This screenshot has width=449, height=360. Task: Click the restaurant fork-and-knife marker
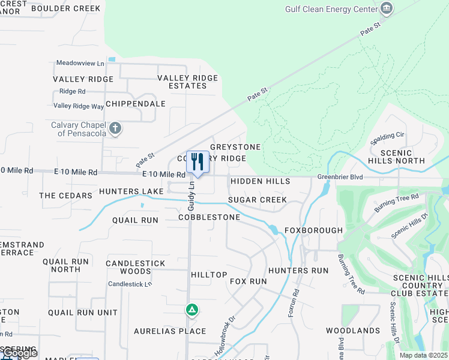point(197,162)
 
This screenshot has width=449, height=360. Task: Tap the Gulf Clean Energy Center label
point(331,9)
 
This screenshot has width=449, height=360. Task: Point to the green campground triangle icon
point(191,310)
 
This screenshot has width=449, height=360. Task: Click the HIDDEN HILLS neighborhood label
point(260,181)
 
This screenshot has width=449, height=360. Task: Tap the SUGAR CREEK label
point(257,200)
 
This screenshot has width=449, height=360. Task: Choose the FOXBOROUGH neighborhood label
point(313,230)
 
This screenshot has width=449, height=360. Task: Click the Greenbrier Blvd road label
point(341,177)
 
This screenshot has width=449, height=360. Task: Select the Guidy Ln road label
point(191,196)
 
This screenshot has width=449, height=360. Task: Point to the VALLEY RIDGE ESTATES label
point(187,82)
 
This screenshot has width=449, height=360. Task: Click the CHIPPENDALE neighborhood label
point(135,104)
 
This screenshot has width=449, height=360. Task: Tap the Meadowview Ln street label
point(80,62)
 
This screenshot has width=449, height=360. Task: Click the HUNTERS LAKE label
point(131,191)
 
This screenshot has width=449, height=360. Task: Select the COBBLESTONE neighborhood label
point(209,217)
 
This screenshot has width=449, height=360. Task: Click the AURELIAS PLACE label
point(170,331)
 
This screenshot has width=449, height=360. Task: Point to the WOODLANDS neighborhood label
point(353,331)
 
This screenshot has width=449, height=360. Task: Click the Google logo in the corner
point(19,353)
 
